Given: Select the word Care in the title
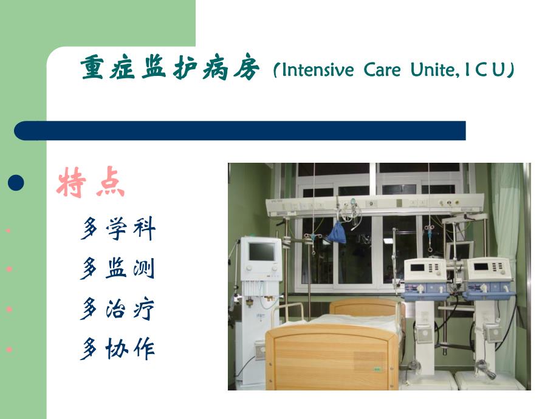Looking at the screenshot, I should pyautogui.click(x=382, y=70).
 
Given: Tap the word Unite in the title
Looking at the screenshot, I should pyautogui.click(x=433, y=70).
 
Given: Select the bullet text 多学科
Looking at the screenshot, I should pyautogui.click(x=118, y=229).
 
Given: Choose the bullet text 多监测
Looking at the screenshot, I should pyautogui.click(x=118, y=268).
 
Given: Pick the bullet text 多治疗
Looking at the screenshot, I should pyautogui.click(x=118, y=309).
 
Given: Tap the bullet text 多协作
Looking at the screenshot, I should pyautogui.click(x=118, y=349).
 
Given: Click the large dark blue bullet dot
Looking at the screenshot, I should pyautogui.click(x=16, y=183).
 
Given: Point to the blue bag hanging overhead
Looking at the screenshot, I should pyautogui.click(x=336, y=232).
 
